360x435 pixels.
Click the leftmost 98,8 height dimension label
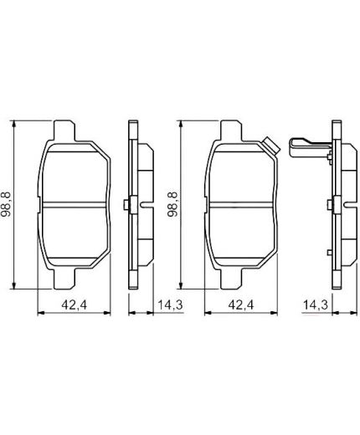pos(8,205)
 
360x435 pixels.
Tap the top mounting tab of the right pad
pos(232,130)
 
